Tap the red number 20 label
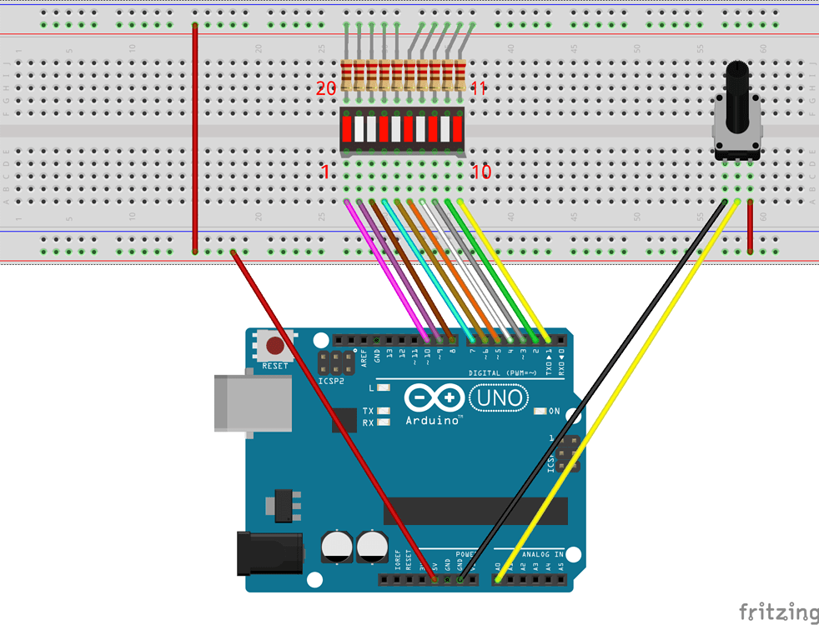pyautogui.click(x=326, y=88)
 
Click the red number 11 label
pyautogui.click(x=478, y=88)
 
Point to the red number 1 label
pyautogui.click(x=325, y=172)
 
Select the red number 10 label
pyautogui.click(x=481, y=172)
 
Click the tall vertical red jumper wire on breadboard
pyautogui.click(x=195, y=137)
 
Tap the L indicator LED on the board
pyautogui.click(x=383, y=388)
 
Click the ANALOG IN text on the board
pyautogui.click(x=542, y=554)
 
